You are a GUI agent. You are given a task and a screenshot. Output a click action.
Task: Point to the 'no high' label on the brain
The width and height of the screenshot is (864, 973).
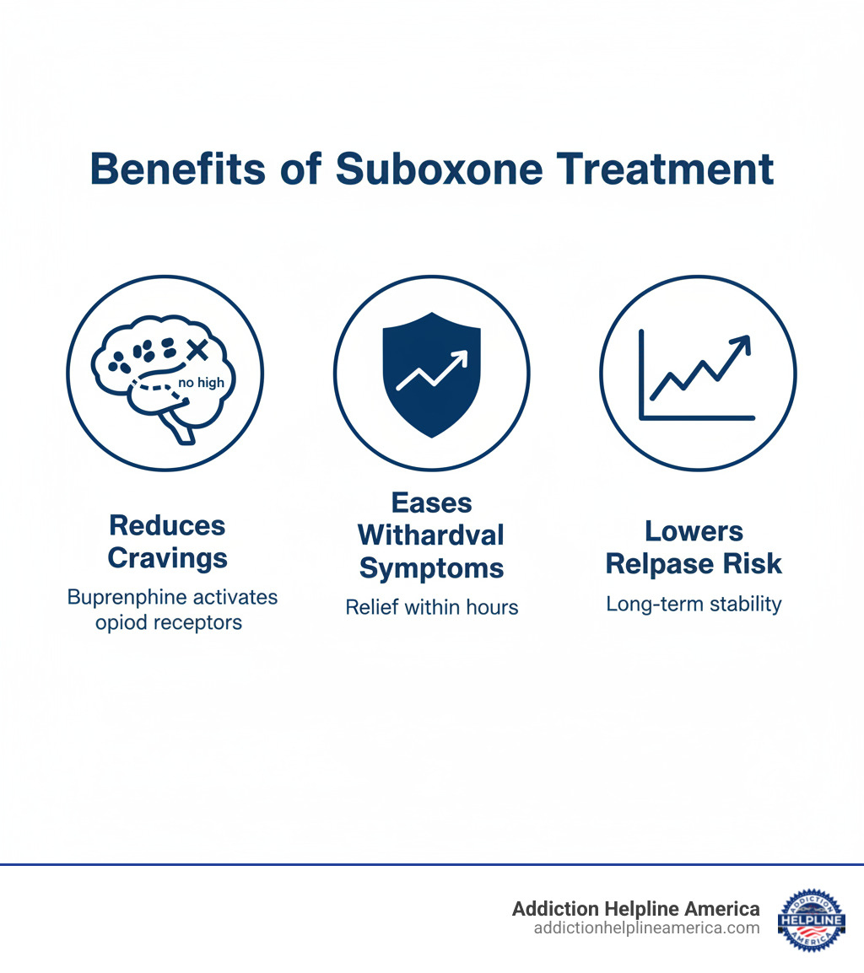[202, 383]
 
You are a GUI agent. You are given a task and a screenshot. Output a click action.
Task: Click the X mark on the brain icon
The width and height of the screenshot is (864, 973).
[197, 347]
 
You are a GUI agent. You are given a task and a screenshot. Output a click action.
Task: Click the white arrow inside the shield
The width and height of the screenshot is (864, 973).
[431, 371]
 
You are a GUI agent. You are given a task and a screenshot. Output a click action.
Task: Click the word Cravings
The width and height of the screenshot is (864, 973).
[167, 557]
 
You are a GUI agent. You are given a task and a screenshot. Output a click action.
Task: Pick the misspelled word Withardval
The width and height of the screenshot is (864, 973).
[431, 535]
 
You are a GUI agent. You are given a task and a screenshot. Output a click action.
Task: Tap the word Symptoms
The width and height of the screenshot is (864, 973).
[431, 567]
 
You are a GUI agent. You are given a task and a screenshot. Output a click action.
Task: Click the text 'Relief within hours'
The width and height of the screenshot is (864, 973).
[431, 606]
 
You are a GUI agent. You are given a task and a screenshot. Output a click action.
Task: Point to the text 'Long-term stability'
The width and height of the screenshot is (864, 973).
[694, 604]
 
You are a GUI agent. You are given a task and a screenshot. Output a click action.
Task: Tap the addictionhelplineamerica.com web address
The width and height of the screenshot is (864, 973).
[646, 927]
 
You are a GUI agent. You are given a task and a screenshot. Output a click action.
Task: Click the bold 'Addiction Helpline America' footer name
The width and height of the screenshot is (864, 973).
[635, 908]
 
